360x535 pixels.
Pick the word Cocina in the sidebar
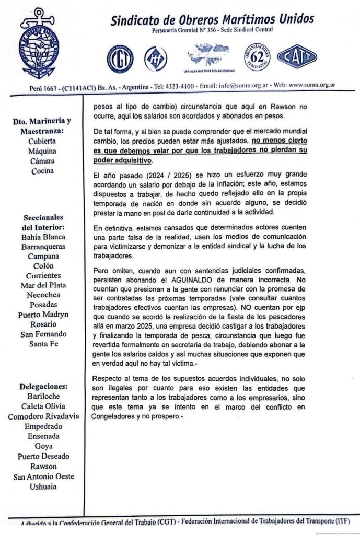pyautogui.click(x=43, y=170)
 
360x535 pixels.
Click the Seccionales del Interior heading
pyautogui.click(x=43, y=222)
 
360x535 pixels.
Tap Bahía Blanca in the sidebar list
pyautogui.click(x=43, y=237)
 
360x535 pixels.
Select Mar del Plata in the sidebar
pyautogui.click(x=43, y=285)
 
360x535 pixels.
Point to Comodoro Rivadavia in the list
pyautogui.click(x=43, y=416)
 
